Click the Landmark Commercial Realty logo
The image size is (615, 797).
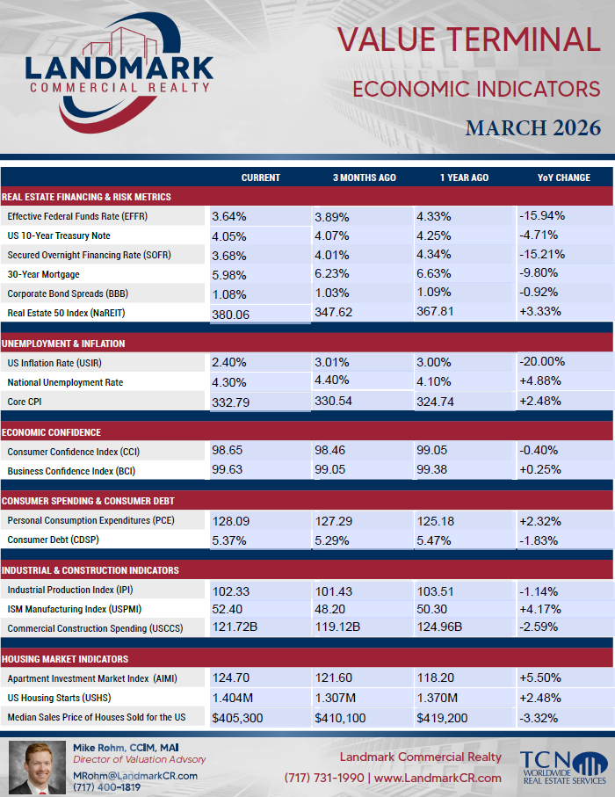[119, 73]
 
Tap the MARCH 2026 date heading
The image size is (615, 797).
[533, 128]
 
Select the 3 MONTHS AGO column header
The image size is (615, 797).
[364, 178]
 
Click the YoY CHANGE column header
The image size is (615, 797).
[564, 178]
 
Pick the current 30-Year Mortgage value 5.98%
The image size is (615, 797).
[229, 275]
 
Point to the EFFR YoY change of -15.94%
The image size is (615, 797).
[542, 215]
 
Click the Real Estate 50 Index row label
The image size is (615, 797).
[66, 313]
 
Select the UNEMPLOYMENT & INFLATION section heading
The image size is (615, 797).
[63, 344]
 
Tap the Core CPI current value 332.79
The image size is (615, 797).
[231, 402]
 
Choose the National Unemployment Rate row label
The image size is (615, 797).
[65, 382]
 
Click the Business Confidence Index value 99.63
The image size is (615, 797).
[228, 469]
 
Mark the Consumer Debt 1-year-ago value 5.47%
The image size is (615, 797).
[433, 540]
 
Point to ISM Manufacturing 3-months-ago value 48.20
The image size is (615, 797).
[329, 609]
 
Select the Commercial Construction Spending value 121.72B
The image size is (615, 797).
[235, 627]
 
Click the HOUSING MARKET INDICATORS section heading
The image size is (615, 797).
[64, 659]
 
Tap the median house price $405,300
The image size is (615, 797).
[237, 718]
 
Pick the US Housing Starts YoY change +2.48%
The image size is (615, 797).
[539, 698]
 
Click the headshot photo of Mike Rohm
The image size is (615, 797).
[37, 767]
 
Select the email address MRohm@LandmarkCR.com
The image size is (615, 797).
[135, 776]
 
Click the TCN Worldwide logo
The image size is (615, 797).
[564, 767]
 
